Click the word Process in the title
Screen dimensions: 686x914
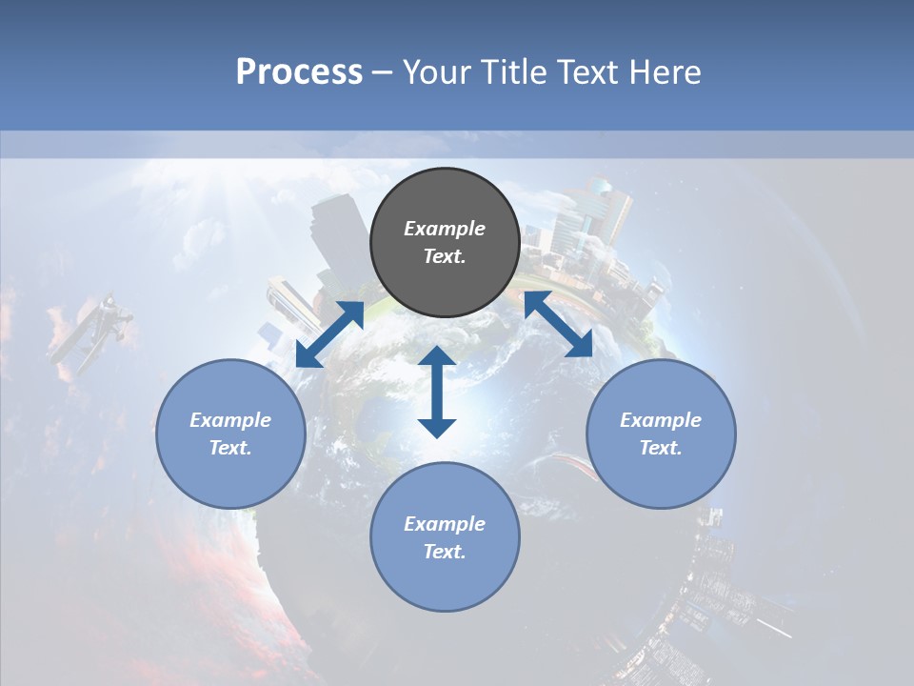[x=299, y=72]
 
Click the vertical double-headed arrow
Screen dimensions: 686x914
[x=437, y=392]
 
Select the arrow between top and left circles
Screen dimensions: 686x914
[x=329, y=334]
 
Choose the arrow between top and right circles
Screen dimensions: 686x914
[x=558, y=325]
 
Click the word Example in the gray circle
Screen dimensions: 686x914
[x=445, y=229]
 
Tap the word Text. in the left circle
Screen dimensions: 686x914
[x=230, y=448]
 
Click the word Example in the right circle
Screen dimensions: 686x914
[x=661, y=420]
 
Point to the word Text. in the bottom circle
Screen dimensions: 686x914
[x=445, y=552]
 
